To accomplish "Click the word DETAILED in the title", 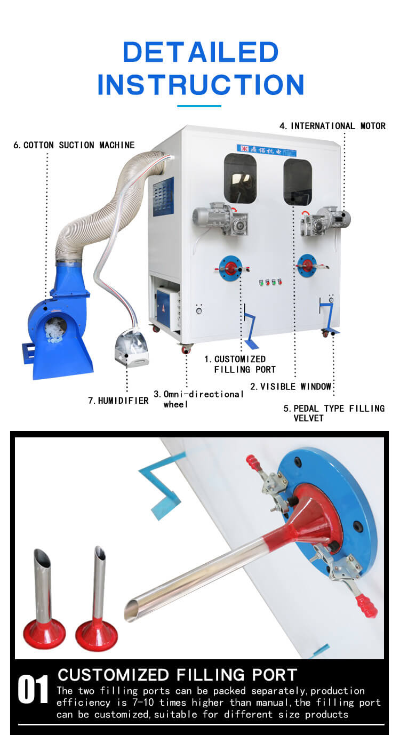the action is (x=201, y=52).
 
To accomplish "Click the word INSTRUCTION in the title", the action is (x=201, y=84).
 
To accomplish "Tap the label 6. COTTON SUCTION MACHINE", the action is (x=74, y=145).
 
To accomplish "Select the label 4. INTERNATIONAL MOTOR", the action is (x=332, y=126).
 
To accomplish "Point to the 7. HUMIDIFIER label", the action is (x=118, y=401).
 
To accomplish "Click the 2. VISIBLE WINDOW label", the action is (x=291, y=387).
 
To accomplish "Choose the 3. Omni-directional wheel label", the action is (x=198, y=399).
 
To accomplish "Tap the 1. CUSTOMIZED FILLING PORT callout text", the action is (x=240, y=364).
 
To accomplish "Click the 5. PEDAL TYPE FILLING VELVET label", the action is (x=334, y=413).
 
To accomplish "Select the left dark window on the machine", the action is (x=240, y=179).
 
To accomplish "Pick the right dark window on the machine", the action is (x=298, y=182).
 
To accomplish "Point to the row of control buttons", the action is (x=270, y=282).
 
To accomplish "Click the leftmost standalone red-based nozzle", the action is (x=44, y=599).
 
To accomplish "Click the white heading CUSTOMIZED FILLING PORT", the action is (x=178, y=675).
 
